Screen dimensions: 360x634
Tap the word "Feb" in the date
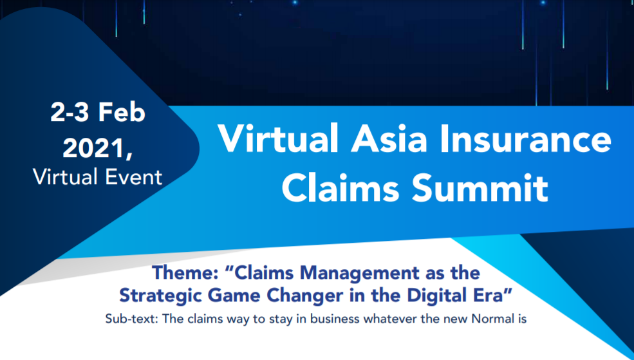(122, 113)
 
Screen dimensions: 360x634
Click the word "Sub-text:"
(131, 319)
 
